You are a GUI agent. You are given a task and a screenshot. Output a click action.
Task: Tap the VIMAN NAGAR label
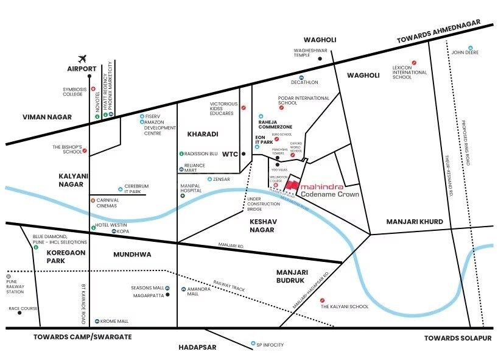point(47,116)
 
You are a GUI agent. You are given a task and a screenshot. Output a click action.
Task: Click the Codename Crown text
point(330,194)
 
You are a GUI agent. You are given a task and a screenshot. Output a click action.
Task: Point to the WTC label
point(230,154)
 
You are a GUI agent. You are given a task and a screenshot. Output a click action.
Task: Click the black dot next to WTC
point(244,154)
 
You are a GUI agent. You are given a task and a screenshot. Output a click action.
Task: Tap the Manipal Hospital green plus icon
point(182,200)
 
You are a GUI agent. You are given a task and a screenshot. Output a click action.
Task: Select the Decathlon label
point(304,82)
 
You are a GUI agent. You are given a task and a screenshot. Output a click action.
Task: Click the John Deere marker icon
point(470,48)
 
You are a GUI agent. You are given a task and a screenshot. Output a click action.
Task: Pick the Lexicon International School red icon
point(414,62)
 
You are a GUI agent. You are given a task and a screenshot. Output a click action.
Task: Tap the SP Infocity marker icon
point(253,344)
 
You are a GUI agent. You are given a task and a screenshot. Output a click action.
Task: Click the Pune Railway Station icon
point(9,275)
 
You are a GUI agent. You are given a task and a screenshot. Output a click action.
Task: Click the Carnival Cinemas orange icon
point(93,200)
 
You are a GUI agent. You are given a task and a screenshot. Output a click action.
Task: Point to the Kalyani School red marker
point(322,300)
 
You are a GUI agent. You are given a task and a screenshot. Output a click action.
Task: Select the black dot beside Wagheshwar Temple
point(320,58)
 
